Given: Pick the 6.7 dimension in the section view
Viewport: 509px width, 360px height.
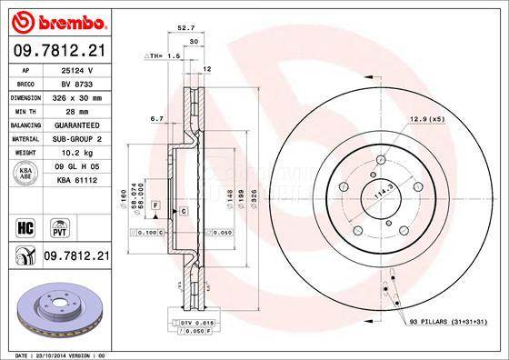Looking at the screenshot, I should click(x=156, y=118).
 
